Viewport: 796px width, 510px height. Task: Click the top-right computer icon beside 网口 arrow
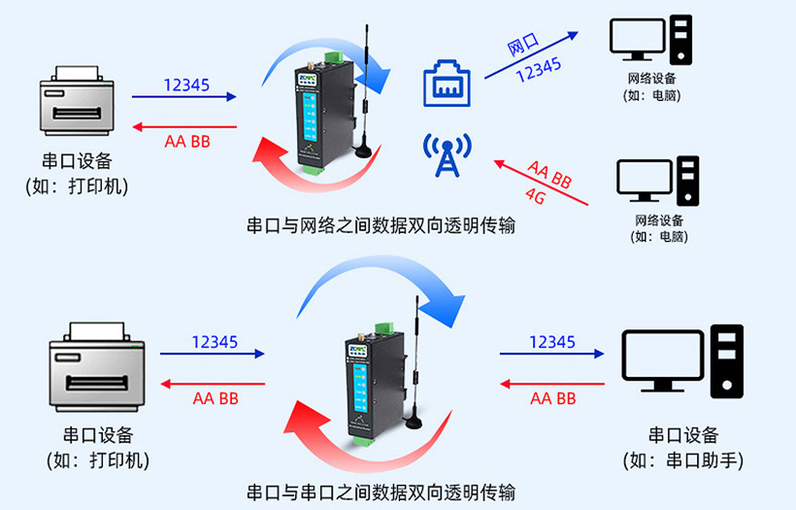651,40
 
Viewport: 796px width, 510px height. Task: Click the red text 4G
535,193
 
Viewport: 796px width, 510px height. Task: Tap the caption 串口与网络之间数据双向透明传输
381,226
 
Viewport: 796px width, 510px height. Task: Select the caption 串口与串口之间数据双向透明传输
381,491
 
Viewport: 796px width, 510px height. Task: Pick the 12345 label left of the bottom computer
551,342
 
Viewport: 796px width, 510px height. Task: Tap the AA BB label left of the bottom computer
552,398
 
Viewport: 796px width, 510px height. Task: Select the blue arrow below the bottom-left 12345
213,356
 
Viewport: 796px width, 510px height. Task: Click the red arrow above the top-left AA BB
183,126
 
